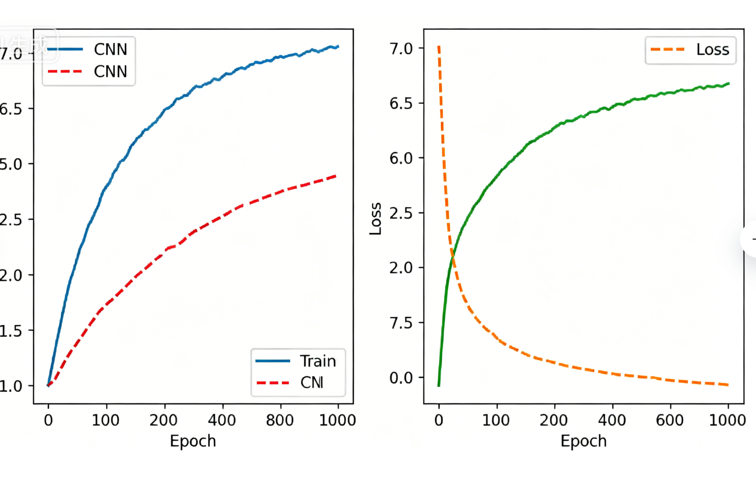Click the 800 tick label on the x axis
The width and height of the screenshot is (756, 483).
point(280,420)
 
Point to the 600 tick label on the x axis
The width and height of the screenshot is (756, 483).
point(670,420)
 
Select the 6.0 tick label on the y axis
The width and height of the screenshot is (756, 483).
point(401,158)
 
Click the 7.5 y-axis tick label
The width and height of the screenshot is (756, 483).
point(401,323)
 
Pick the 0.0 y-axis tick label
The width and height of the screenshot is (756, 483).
point(401,378)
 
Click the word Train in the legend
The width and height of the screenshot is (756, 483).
point(318,361)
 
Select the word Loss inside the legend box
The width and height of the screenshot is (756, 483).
point(713,49)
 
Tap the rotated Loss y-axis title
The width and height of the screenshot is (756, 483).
point(375,219)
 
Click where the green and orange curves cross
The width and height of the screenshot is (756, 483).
point(452,256)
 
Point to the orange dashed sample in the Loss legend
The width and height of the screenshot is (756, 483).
point(668,49)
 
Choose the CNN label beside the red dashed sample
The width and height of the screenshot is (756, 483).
point(111,72)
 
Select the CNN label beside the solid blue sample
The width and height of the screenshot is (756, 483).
point(111,49)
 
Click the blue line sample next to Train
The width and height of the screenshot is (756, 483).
point(273,361)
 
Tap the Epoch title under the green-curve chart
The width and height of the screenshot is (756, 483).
point(583,441)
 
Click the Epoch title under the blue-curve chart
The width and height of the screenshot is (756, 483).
point(193,441)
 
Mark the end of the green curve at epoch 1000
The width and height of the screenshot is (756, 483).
point(729,84)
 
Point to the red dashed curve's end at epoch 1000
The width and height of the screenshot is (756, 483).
point(336,176)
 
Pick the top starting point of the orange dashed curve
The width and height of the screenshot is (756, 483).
point(439,47)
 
